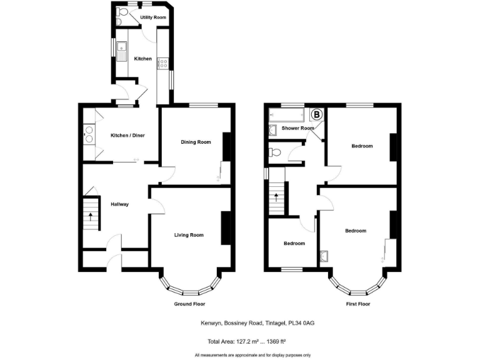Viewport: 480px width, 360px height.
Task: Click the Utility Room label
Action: pos(153,17)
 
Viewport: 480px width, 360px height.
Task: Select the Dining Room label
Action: pos(196,142)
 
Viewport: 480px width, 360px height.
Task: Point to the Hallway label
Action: pos(119,204)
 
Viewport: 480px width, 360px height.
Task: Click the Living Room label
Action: pos(189,235)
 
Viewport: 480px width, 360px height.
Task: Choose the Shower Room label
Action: pos(297,128)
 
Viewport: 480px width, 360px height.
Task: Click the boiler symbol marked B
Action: pos(317,114)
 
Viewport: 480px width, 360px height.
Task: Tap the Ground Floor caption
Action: pos(189,304)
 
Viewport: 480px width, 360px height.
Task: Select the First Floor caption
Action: pos(357,304)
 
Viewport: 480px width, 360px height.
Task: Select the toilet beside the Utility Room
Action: pos(121,14)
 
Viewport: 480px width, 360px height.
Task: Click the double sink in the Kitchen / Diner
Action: pos(89,135)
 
